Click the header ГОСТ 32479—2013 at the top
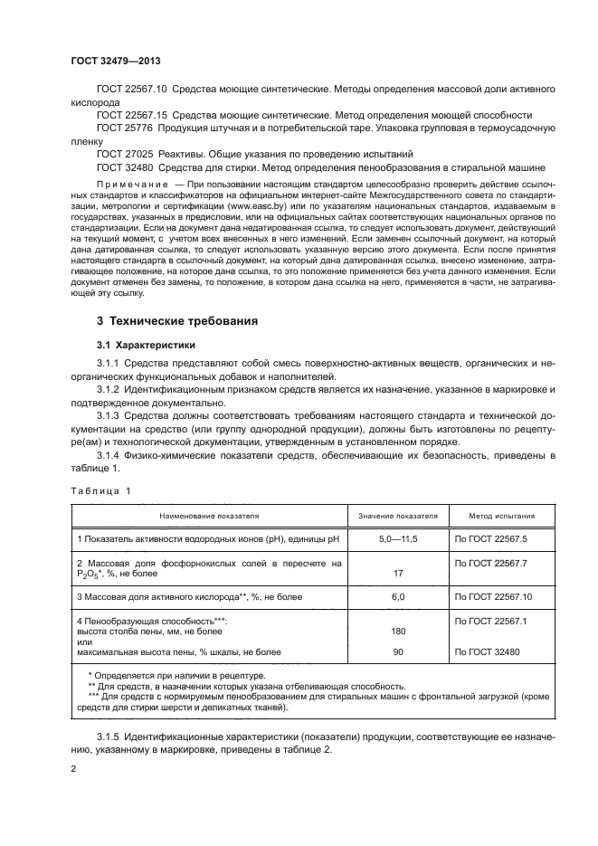point(109,62)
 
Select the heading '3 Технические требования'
point(177,321)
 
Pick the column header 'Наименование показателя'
point(209,516)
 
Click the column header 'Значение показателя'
point(397,516)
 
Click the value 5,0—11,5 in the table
point(397,539)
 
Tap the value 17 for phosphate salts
point(397,573)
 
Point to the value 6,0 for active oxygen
point(397,596)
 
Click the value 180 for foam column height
point(397,631)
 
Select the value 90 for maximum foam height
point(397,651)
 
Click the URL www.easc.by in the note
point(256,205)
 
